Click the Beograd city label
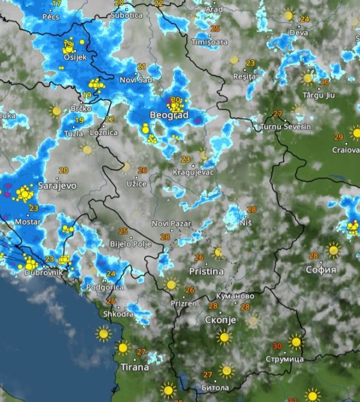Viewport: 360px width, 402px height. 169,115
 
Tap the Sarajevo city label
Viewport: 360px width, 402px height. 57,186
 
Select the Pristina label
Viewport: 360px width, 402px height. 206,271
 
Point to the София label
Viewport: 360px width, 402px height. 321,270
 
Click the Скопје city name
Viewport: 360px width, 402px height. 220,320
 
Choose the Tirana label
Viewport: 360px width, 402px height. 135,367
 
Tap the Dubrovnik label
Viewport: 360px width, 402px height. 44,273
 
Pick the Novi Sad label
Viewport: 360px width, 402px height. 136,80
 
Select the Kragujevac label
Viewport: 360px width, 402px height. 194,172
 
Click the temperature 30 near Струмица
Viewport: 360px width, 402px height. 277,346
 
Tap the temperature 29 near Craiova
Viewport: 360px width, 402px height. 338,137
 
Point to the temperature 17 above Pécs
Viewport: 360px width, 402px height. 56,4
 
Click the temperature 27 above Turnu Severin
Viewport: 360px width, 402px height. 277,114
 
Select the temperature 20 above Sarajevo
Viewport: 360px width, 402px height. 64,170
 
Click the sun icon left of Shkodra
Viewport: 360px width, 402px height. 103,333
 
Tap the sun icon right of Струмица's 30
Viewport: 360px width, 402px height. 296,341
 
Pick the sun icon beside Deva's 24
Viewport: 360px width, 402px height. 289,15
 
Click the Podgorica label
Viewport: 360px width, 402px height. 105,287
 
